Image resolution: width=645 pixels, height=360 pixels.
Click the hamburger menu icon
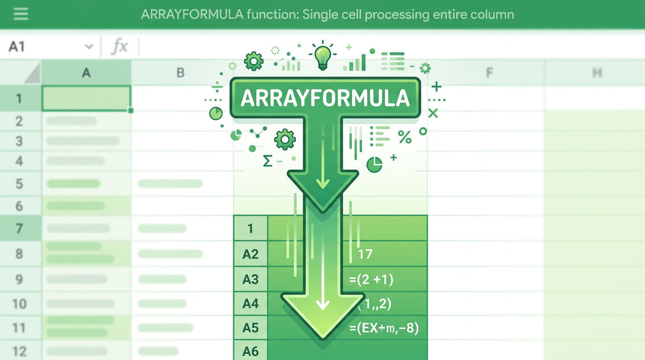(x=21, y=14)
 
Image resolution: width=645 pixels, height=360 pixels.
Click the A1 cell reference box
(x=17, y=46)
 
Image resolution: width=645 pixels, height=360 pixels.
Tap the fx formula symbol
(x=120, y=46)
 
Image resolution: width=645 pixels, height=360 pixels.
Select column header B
(x=180, y=73)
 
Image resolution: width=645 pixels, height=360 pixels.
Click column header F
(x=489, y=73)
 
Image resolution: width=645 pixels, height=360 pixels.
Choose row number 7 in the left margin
(x=19, y=229)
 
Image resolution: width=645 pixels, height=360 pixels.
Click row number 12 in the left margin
(x=19, y=351)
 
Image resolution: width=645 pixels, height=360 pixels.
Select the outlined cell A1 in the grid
(x=86, y=98)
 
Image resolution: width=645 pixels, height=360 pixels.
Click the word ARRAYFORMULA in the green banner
(x=325, y=98)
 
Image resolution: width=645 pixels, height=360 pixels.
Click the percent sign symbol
(x=404, y=137)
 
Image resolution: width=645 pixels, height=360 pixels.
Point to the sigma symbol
(x=268, y=161)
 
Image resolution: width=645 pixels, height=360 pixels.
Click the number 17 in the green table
(x=365, y=254)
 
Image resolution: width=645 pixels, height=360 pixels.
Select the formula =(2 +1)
(x=371, y=280)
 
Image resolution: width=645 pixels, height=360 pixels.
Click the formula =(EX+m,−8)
(x=384, y=328)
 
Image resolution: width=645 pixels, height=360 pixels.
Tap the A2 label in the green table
(x=250, y=254)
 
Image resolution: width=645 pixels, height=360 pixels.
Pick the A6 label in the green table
(x=250, y=351)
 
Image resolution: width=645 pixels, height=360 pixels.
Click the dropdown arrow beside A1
(x=89, y=46)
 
